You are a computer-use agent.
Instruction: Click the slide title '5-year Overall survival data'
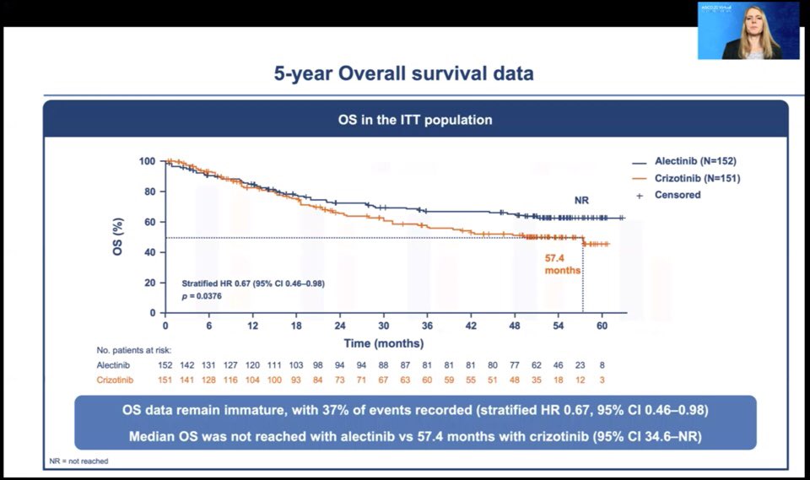[403, 73]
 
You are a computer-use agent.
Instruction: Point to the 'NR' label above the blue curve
[581, 200]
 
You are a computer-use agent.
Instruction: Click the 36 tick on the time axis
[427, 326]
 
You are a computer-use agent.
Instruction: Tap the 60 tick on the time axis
[602, 326]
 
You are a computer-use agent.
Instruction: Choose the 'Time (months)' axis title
[383, 343]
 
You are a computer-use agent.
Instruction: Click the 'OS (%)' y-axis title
[120, 237]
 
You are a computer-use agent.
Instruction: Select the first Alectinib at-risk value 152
[165, 364]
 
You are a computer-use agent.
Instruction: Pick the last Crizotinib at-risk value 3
[602, 380]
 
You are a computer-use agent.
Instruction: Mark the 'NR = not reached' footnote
[79, 461]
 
